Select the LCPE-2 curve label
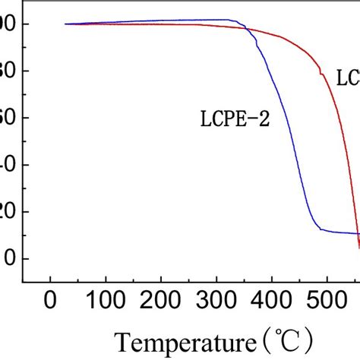[233, 118]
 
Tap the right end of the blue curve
[358, 233]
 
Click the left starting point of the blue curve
[65, 24]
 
